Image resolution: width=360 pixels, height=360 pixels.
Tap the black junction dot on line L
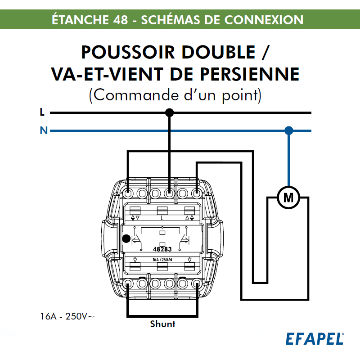click(x=169, y=112)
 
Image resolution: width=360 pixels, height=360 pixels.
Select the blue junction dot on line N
click(x=289, y=131)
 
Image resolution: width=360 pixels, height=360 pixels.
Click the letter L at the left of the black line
click(x=42, y=112)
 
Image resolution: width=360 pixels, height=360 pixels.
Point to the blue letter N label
click(x=43, y=131)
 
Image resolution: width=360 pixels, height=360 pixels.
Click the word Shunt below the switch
click(x=162, y=324)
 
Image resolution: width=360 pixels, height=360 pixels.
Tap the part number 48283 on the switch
click(x=162, y=249)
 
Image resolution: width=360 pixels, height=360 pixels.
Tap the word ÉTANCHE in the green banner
click(x=79, y=20)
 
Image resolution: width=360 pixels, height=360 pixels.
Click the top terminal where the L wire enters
click(x=169, y=193)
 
